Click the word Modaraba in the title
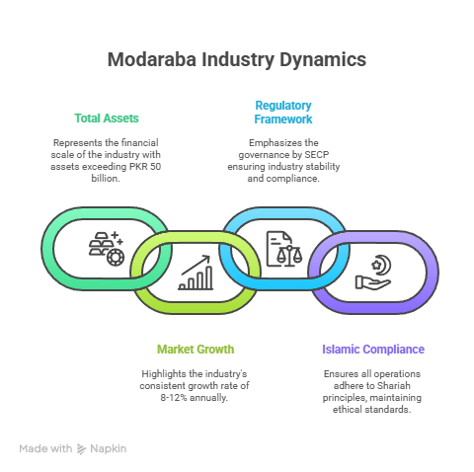click(152, 59)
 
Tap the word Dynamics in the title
click(323, 60)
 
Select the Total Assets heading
click(107, 118)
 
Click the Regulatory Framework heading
click(283, 113)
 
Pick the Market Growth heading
click(196, 350)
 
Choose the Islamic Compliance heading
click(373, 350)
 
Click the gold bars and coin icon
click(107, 249)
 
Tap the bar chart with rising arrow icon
click(196, 273)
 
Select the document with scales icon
click(284, 249)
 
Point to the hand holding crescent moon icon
click(373, 273)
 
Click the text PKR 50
click(145, 166)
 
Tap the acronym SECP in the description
click(317, 154)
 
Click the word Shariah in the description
click(394, 385)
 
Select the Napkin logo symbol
click(81, 449)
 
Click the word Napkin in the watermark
click(109, 449)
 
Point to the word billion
click(106, 178)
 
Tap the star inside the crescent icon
click(376, 265)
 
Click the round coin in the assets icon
click(116, 257)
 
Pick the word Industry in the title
click(238, 60)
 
